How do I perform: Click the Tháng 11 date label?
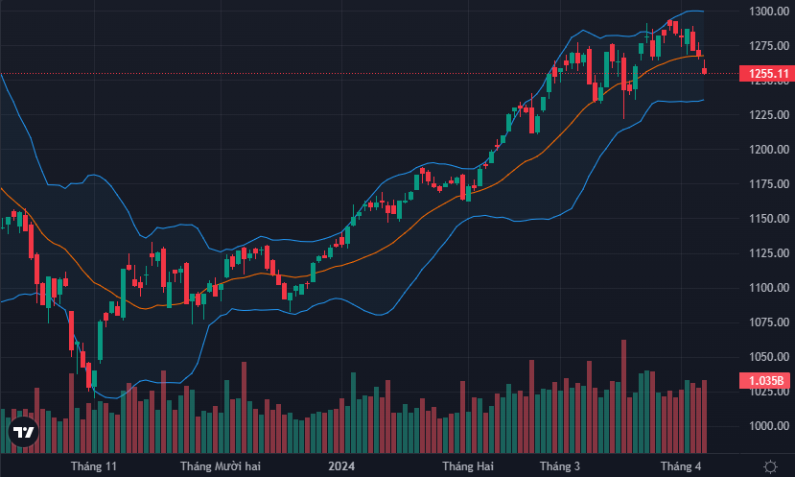pyautogui.click(x=94, y=466)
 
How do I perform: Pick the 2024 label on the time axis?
pyautogui.click(x=342, y=466)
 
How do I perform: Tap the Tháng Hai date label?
pyautogui.click(x=468, y=466)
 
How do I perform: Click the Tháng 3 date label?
pyautogui.click(x=559, y=466)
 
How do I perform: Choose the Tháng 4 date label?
pyautogui.click(x=682, y=466)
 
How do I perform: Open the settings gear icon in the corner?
pyautogui.click(x=769, y=465)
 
